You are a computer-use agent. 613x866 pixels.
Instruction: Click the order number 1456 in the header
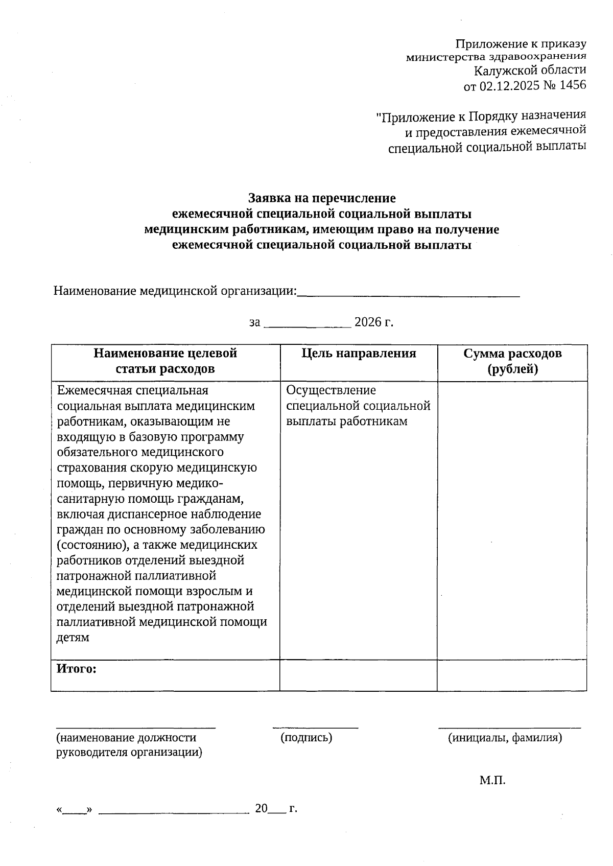tap(573, 85)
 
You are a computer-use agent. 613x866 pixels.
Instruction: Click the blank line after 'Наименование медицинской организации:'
tap(409, 293)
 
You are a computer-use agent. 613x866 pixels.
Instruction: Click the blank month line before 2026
tap(307, 324)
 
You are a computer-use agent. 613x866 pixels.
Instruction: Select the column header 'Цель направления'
tap(358, 354)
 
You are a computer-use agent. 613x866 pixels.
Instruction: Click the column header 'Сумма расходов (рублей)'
tap(512, 361)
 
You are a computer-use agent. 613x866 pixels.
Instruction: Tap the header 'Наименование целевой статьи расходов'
tap(165, 361)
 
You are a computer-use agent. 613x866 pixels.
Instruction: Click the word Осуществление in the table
tap(331, 390)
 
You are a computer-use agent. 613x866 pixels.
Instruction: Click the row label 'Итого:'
tap(76, 669)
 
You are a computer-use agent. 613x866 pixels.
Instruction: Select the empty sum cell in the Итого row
tap(511, 675)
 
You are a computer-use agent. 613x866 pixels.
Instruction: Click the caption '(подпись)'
tap(306, 738)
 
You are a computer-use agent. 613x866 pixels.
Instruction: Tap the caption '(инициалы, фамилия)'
tap(505, 738)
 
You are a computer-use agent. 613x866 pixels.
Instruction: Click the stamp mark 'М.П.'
tap(492, 781)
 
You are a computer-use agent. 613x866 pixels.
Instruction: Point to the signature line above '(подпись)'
tap(315, 726)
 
